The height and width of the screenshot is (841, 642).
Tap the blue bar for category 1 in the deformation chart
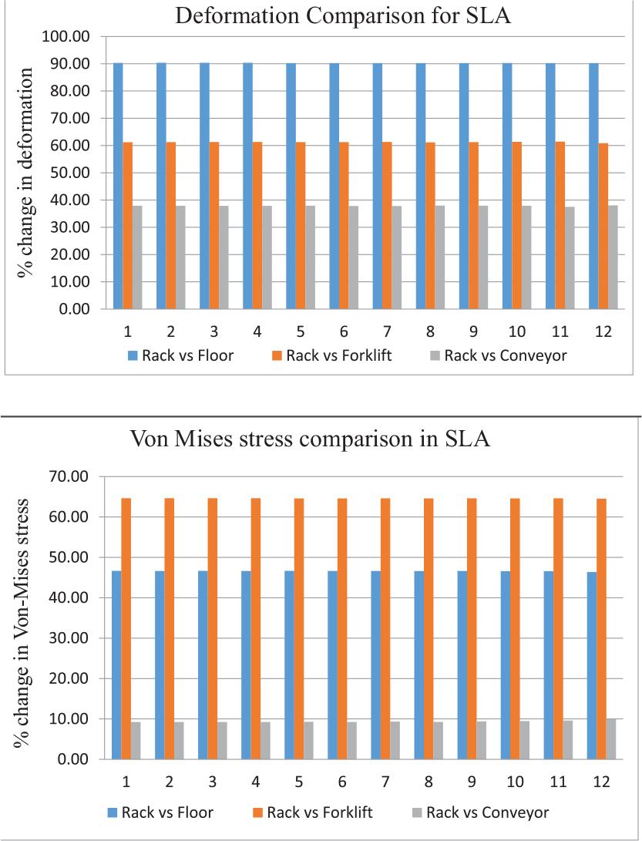tap(118, 186)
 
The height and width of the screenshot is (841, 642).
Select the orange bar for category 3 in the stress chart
tap(213, 628)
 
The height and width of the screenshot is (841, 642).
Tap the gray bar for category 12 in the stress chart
tap(610, 739)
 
